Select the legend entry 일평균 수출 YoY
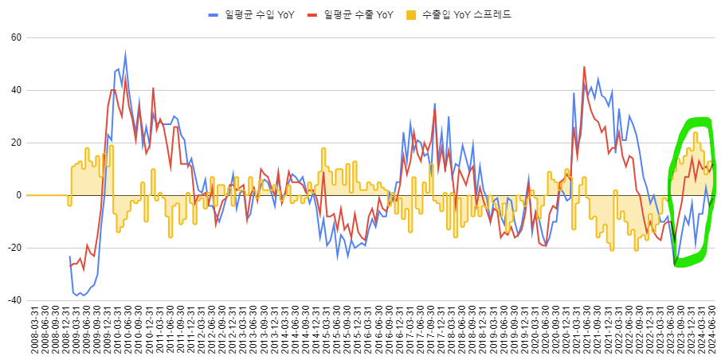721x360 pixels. pos(359,14)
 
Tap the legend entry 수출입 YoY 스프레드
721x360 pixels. pos(466,14)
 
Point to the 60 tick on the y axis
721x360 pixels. pos(15,37)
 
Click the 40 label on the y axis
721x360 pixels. pos(15,90)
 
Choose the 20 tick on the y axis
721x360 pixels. pos(15,143)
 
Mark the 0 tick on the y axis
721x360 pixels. pos(18,195)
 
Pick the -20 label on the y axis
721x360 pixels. pos(14,248)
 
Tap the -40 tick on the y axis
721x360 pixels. pos(14,300)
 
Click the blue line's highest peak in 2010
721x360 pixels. pos(125,54)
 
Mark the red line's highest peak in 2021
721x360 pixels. pos(584,67)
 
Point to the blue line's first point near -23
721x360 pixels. pos(70,256)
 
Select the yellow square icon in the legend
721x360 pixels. pos(410,14)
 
